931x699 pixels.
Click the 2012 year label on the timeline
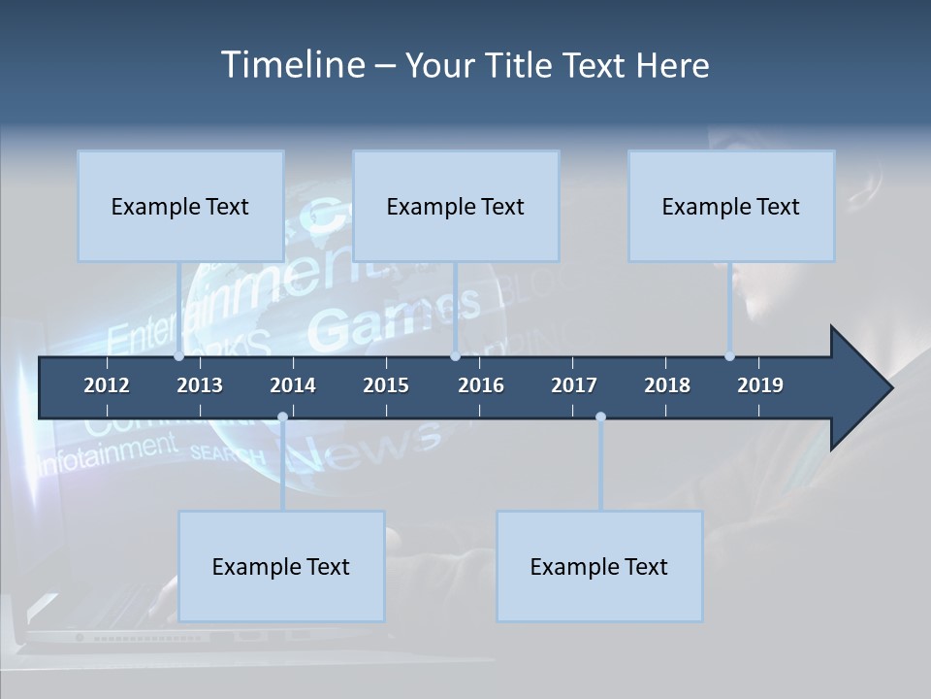pyautogui.click(x=107, y=385)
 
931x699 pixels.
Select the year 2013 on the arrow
pyautogui.click(x=200, y=385)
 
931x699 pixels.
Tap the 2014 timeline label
pyautogui.click(x=293, y=385)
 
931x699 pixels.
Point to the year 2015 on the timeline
pyautogui.click(x=386, y=385)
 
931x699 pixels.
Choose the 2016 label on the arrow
pyautogui.click(x=481, y=385)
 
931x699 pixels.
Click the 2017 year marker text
pyautogui.click(x=574, y=385)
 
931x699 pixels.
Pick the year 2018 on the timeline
pyautogui.click(x=667, y=385)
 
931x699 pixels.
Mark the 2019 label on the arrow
pyautogui.click(x=760, y=385)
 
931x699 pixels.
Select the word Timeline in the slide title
pyautogui.click(x=292, y=65)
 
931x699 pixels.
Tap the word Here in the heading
pyautogui.click(x=672, y=65)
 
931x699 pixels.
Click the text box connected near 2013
pyautogui.click(x=180, y=206)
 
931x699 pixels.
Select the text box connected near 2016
pyautogui.click(x=456, y=206)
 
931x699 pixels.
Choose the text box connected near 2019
pyautogui.click(x=731, y=206)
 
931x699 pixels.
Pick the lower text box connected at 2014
pyautogui.click(x=281, y=566)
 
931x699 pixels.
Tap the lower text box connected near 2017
pyautogui.click(x=599, y=566)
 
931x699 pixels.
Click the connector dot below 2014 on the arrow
pyautogui.click(x=282, y=417)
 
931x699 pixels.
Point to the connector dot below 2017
pyautogui.click(x=600, y=417)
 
